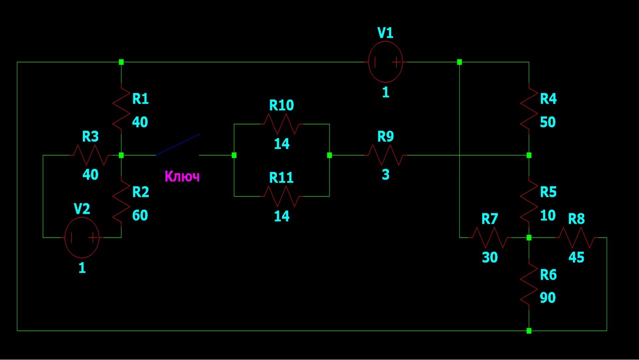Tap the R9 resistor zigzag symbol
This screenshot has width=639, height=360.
point(385,155)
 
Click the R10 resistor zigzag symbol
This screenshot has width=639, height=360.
point(282,124)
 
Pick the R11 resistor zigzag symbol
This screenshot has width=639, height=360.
point(282,196)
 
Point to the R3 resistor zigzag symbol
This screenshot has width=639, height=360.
point(90,155)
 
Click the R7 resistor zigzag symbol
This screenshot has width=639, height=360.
point(490,237)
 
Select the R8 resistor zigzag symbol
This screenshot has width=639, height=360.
point(576,237)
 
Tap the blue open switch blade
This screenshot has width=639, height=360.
point(177,145)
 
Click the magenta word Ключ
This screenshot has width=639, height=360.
point(182,176)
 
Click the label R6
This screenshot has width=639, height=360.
point(548,275)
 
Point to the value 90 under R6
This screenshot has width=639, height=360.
point(548,298)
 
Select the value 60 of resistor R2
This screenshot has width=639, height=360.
point(140,215)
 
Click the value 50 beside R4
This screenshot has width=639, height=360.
point(548,122)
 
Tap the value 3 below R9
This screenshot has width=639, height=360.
point(386,175)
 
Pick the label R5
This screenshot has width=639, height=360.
point(548,192)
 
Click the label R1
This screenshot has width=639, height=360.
point(140,99)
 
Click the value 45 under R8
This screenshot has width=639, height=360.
point(576,257)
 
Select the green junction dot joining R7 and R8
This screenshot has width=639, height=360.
point(529,237)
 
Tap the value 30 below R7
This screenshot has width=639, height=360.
point(490,257)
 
